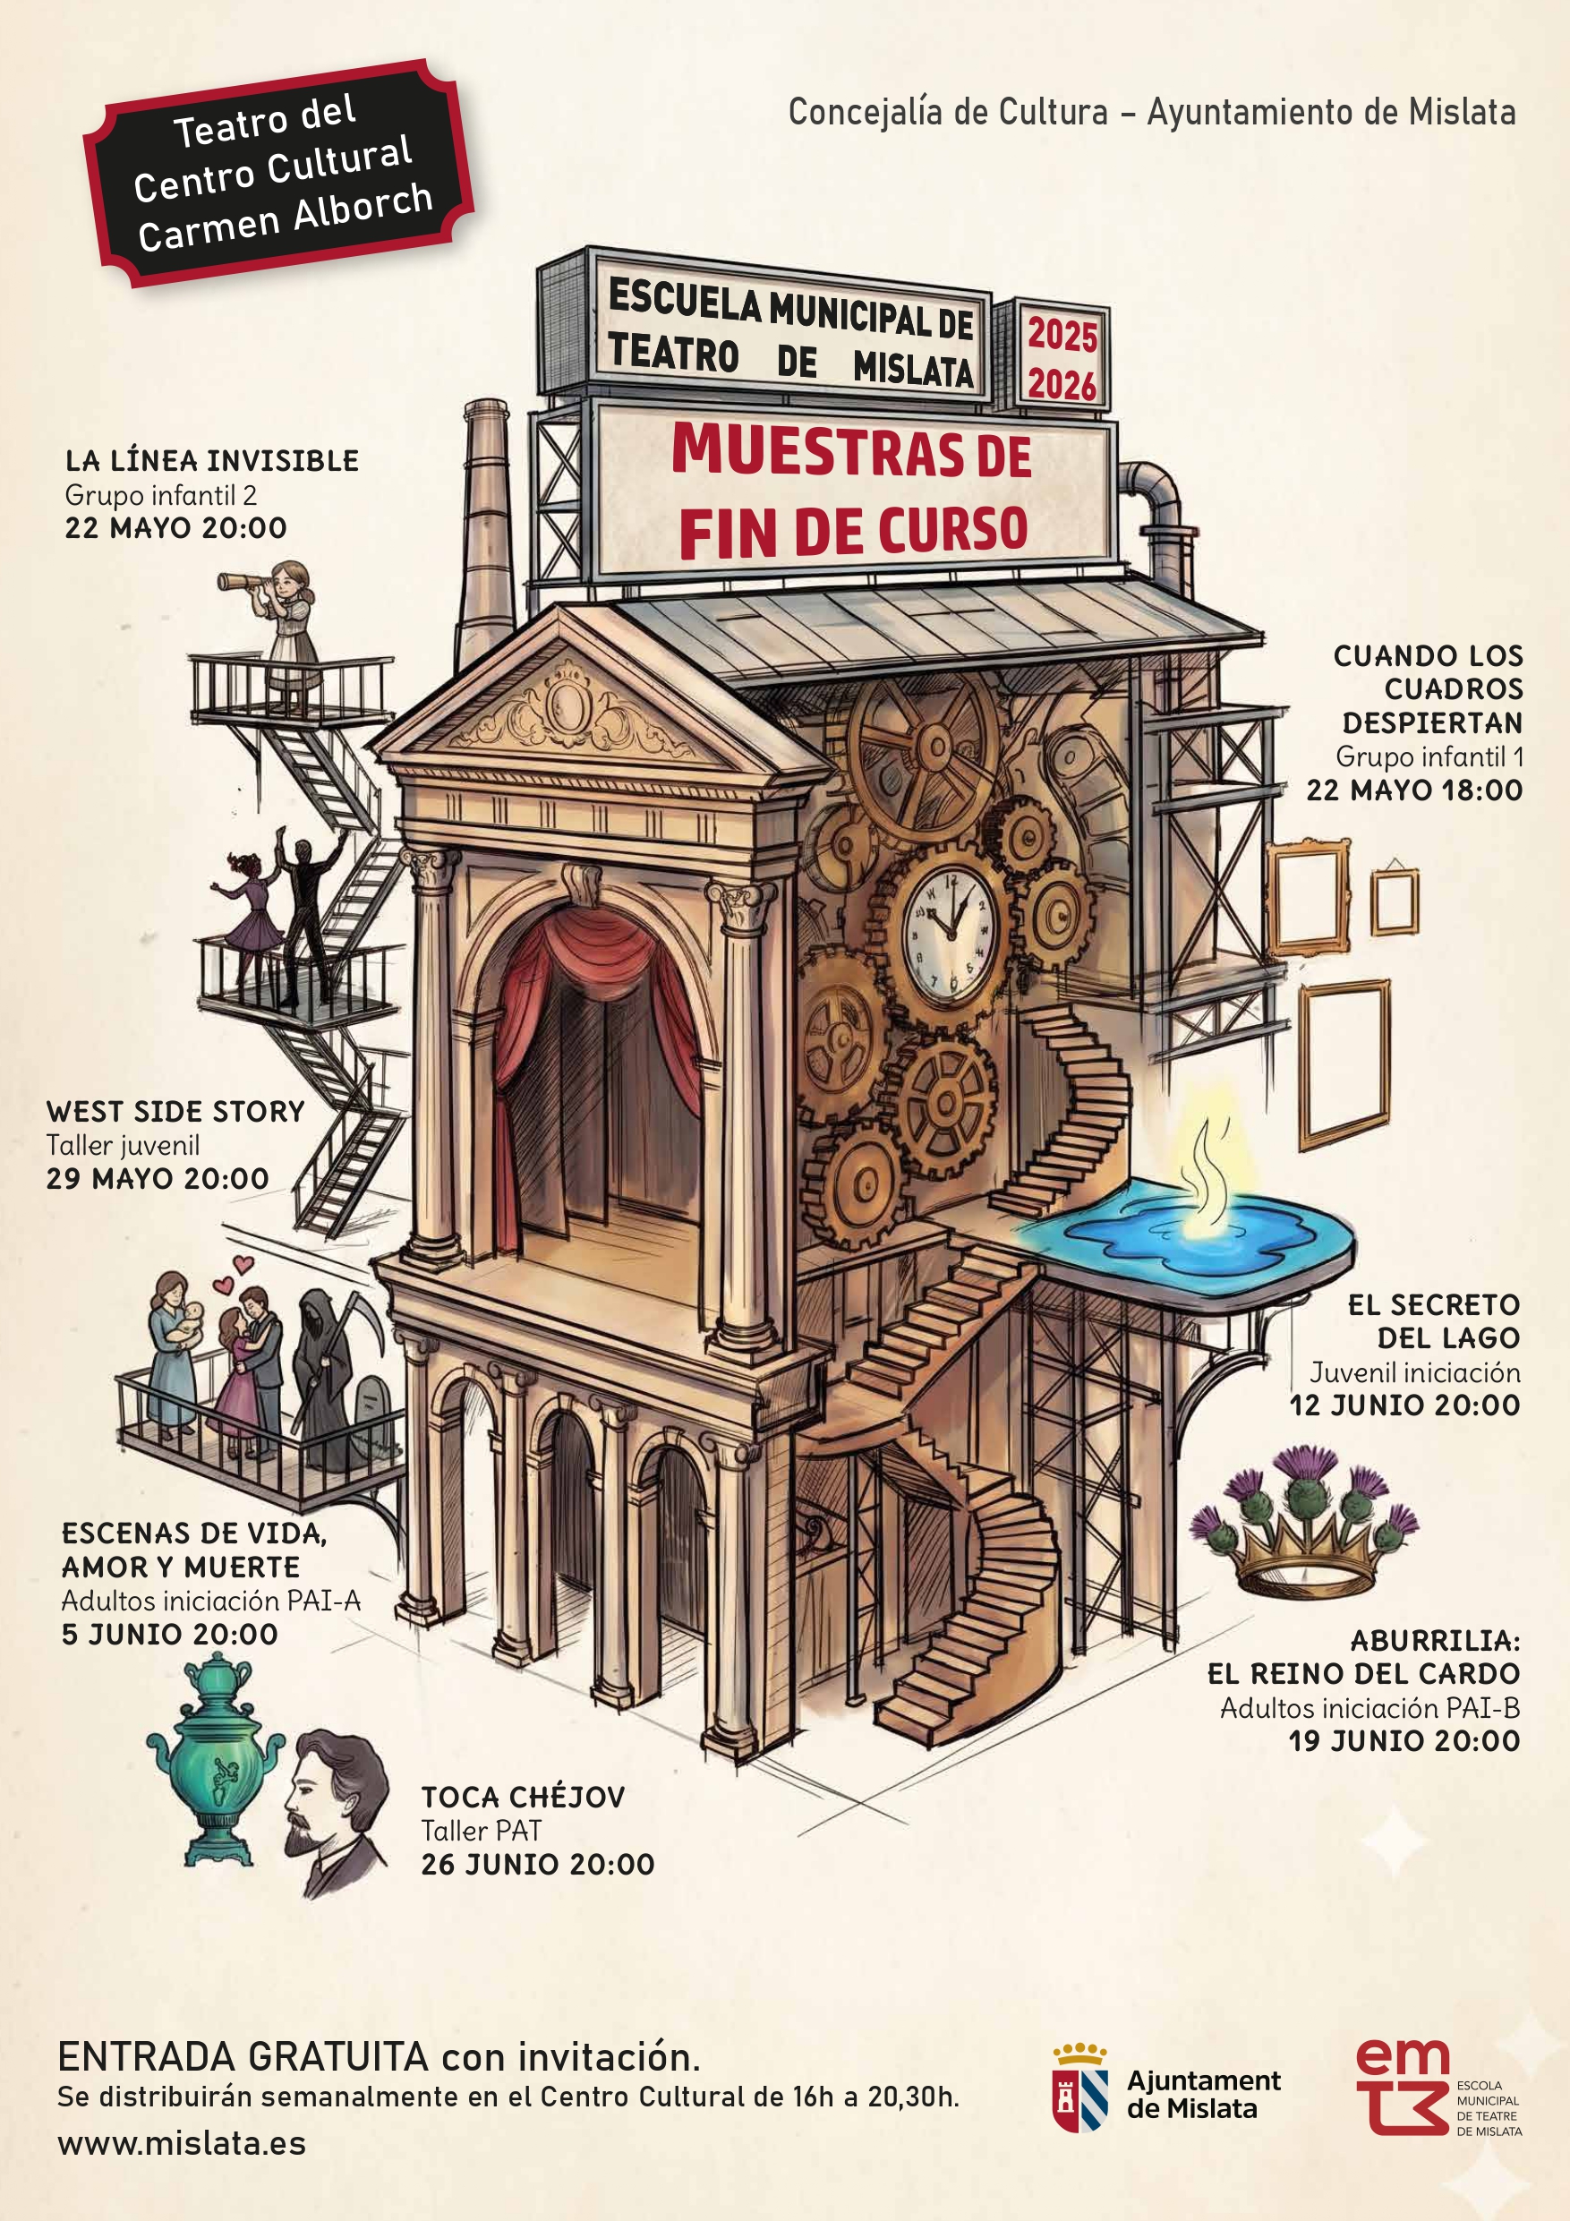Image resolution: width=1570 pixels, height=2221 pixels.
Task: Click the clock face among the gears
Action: tap(947, 933)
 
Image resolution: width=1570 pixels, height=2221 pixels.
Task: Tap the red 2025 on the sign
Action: tap(1062, 336)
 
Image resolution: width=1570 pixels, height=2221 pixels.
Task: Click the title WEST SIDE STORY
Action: tap(175, 1112)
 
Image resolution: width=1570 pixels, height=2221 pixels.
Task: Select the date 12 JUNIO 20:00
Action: tap(1404, 1405)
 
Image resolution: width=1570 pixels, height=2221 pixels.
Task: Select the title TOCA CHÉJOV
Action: tap(524, 1798)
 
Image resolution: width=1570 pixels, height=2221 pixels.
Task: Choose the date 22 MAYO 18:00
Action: tap(1414, 790)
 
